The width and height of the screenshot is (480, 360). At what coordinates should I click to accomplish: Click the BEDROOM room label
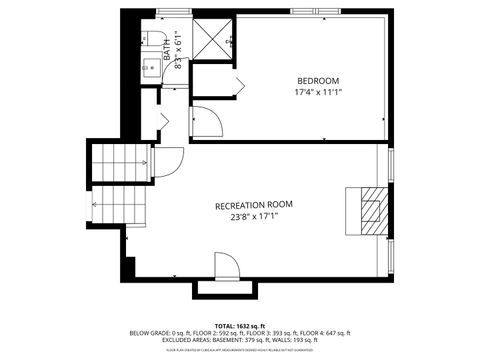tap(318, 80)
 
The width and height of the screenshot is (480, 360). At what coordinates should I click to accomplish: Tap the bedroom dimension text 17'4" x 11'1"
tap(318, 92)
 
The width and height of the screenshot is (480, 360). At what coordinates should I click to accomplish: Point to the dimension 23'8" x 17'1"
tap(254, 217)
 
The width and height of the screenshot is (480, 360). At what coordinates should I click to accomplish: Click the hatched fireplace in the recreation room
tap(368, 211)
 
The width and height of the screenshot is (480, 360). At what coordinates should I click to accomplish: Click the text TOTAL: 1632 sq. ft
tap(240, 325)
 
